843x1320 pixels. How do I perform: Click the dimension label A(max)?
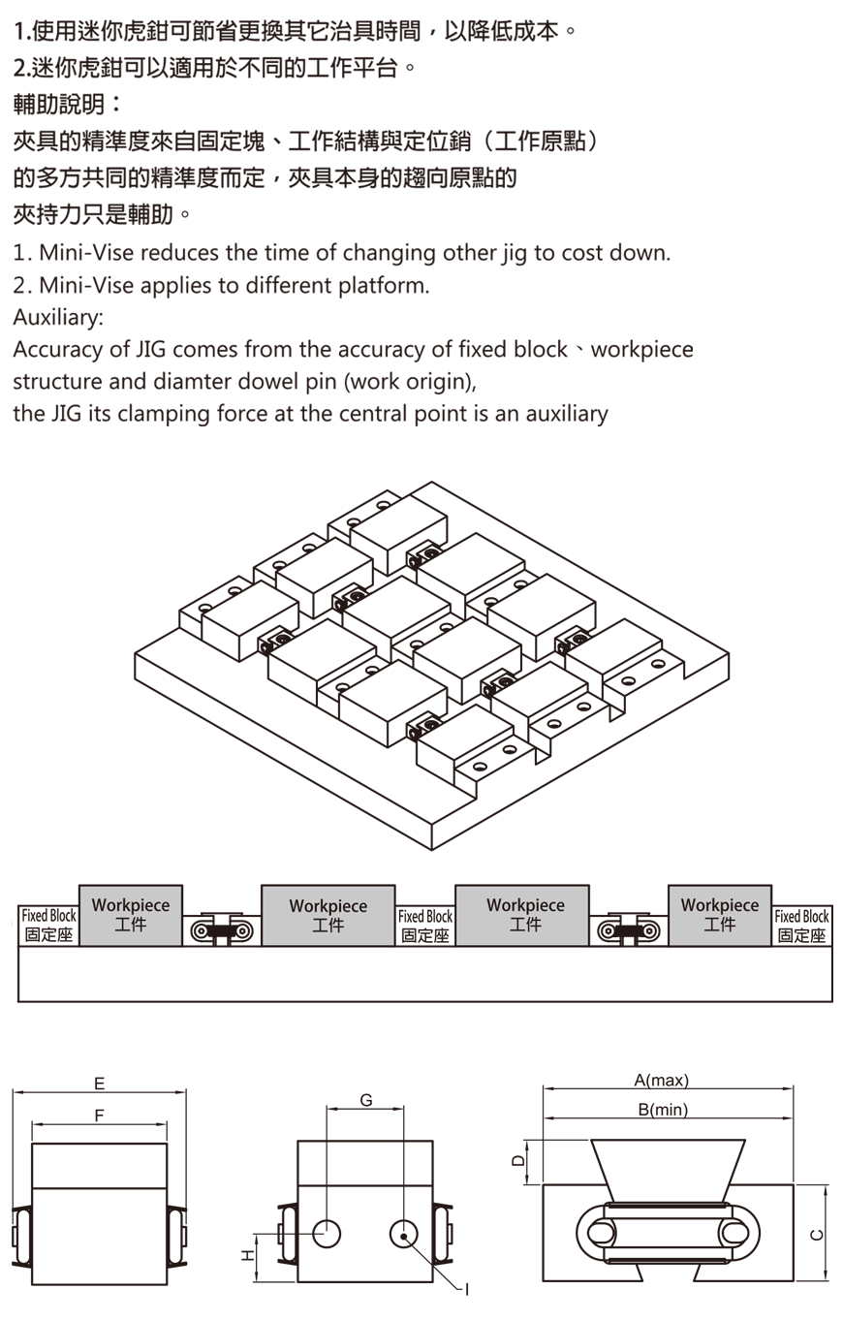click(x=661, y=1081)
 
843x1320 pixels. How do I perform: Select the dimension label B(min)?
click(x=663, y=1110)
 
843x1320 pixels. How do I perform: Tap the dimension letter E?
click(x=99, y=1084)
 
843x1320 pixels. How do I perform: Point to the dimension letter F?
click(x=99, y=1116)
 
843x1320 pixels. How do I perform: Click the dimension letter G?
click(x=365, y=1100)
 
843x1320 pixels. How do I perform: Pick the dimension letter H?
click(x=246, y=1256)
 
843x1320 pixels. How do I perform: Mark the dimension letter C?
click(x=817, y=1234)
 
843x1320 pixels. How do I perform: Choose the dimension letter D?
click(x=518, y=1160)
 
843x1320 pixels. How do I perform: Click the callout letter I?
click(x=467, y=1289)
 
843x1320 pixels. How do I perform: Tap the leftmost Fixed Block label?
click(x=48, y=926)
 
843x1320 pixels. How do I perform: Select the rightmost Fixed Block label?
click(x=801, y=926)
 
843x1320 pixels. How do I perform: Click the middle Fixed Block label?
click(x=425, y=926)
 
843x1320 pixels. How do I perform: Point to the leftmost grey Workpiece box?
click(x=130, y=914)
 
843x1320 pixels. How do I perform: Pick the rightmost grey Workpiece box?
click(x=719, y=914)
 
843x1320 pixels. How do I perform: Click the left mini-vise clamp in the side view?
click(x=222, y=931)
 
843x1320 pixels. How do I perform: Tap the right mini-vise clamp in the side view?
click(x=629, y=931)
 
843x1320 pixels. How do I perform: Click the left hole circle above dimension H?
click(x=327, y=1234)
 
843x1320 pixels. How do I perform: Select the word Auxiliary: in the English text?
click(x=58, y=317)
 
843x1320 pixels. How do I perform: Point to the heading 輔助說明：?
click(x=68, y=104)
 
